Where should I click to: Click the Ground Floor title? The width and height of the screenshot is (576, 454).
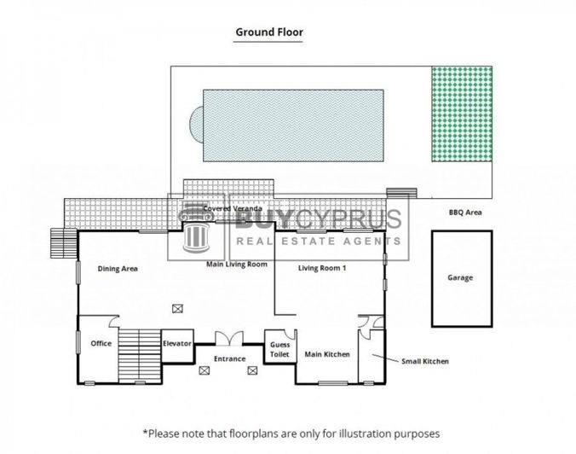pyautogui.click(x=268, y=32)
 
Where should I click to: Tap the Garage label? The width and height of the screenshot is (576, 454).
pyautogui.click(x=460, y=277)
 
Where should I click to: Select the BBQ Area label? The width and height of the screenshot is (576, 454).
pyautogui.click(x=466, y=212)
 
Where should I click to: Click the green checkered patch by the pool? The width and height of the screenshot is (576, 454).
pyautogui.click(x=461, y=115)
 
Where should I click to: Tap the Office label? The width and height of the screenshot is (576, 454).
pyautogui.click(x=101, y=343)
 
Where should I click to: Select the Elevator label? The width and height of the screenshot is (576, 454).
pyautogui.click(x=177, y=343)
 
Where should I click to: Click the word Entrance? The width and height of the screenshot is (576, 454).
pyautogui.click(x=229, y=358)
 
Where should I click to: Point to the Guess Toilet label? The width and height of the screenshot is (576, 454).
pyautogui.click(x=279, y=349)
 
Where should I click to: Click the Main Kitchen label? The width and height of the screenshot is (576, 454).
pyautogui.click(x=327, y=354)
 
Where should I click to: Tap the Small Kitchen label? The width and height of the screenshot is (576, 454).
pyautogui.click(x=425, y=361)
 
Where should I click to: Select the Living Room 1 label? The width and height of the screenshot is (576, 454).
pyautogui.click(x=327, y=268)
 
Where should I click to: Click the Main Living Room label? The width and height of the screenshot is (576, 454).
pyautogui.click(x=237, y=265)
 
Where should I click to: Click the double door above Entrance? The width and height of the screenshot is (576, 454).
pyautogui.click(x=229, y=340)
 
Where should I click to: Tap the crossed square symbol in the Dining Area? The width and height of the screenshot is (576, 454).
pyautogui.click(x=176, y=308)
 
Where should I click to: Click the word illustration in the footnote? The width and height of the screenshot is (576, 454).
pyautogui.click(x=368, y=433)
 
